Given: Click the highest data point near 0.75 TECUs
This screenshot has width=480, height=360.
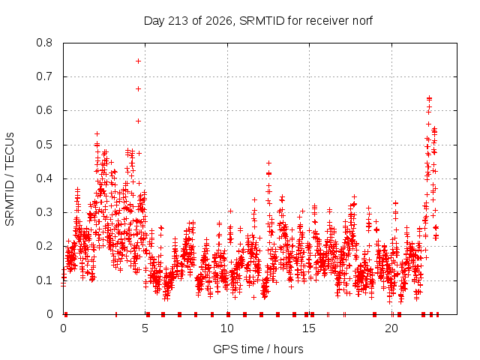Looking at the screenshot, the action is [x=138, y=61].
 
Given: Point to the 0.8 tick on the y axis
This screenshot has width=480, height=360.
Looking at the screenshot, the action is [x=44, y=43].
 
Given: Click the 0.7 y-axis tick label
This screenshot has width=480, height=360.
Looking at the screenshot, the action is [x=44, y=76].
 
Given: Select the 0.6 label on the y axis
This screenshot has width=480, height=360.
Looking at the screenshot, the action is [x=44, y=110].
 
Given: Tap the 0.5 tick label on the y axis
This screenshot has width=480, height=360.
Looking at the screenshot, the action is [x=44, y=145].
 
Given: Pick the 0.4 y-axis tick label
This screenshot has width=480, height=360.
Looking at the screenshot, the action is [x=44, y=178].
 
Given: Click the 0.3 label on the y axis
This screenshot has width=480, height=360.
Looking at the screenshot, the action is [x=44, y=212].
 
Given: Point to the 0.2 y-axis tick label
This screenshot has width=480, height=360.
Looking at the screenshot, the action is [x=44, y=247].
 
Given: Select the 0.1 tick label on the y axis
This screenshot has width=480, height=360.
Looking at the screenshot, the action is [x=44, y=280].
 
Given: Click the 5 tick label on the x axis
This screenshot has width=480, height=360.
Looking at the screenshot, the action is [x=145, y=328].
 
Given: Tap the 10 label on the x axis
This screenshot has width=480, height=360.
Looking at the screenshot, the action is [x=227, y=328].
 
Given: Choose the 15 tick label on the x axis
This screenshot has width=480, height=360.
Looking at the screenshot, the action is [x=309, y=328].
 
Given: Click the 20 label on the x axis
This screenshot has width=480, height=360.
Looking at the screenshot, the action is [x=391, y=328].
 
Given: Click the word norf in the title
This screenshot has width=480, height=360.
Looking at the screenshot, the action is [x=363, y=21].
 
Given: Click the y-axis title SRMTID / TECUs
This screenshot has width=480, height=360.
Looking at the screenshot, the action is [x=10, y=179].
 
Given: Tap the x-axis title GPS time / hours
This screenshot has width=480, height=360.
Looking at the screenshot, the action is [x=258, y=349].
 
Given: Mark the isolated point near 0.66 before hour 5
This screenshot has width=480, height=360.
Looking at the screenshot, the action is [x=138, y=88].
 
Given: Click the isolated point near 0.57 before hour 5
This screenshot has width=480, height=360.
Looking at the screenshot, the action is [x=138, y=121].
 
